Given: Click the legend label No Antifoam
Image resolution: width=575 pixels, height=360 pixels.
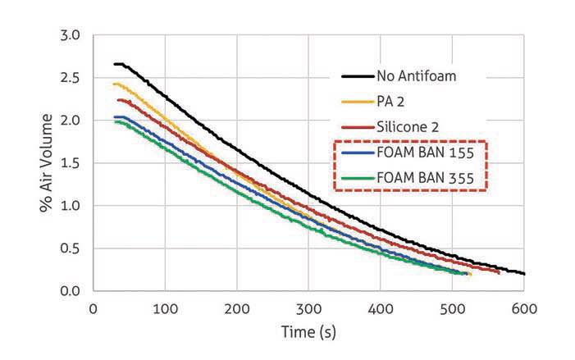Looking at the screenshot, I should point(416,77).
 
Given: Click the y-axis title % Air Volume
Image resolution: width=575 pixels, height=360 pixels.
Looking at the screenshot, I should point(47,164).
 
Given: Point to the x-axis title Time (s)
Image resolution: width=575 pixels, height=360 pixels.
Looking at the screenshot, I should point(308,332).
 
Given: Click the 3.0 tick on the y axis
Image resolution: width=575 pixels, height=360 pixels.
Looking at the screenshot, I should point(71,36).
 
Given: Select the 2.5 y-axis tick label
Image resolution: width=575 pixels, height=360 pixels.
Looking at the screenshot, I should point(71,79).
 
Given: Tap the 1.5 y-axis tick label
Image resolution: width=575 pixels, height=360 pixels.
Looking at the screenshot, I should point(71,163).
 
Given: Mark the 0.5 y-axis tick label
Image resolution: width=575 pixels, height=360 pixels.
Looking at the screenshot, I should point(71,248).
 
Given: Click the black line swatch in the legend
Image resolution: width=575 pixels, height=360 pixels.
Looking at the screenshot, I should point(358,77).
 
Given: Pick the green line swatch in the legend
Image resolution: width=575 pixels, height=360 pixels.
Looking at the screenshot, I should point(358,177).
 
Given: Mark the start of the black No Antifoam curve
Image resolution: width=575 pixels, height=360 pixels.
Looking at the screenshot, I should point(115,64).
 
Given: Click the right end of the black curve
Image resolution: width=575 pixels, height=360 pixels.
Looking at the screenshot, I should point(523,273).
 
